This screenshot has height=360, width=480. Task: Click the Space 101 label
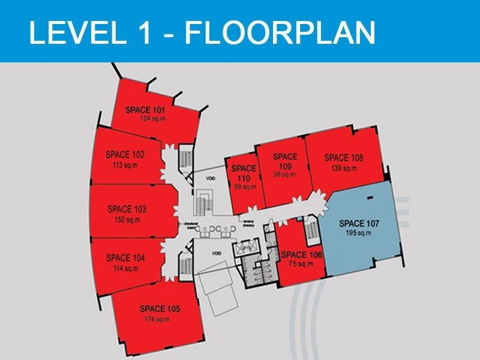[145, 110]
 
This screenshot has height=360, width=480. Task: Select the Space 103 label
[127, 209]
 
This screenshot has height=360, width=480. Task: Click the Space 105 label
[160, 309]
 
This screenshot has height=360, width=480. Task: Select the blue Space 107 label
[359, 224]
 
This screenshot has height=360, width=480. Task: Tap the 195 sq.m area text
[359, 233]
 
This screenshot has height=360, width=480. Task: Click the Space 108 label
[344, 158]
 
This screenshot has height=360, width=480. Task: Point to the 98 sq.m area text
[285, 175]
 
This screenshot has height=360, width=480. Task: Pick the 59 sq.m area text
[243, 187]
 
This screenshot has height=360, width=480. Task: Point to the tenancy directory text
[250, 222]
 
